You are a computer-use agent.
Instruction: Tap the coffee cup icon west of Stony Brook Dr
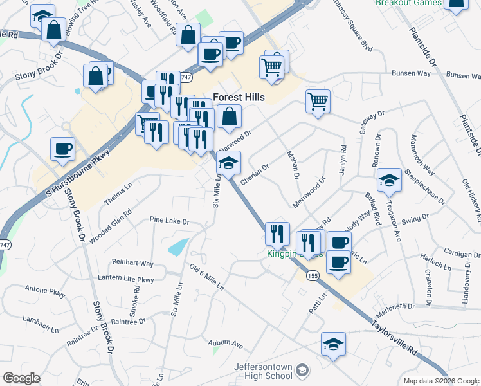pos(63,149)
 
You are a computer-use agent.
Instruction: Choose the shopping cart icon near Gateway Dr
pos(318,100)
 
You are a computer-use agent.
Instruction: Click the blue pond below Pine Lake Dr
pos(179,246)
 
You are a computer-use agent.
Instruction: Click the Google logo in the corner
pos(22,378)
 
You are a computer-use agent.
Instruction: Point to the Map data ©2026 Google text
pos(440,381)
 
